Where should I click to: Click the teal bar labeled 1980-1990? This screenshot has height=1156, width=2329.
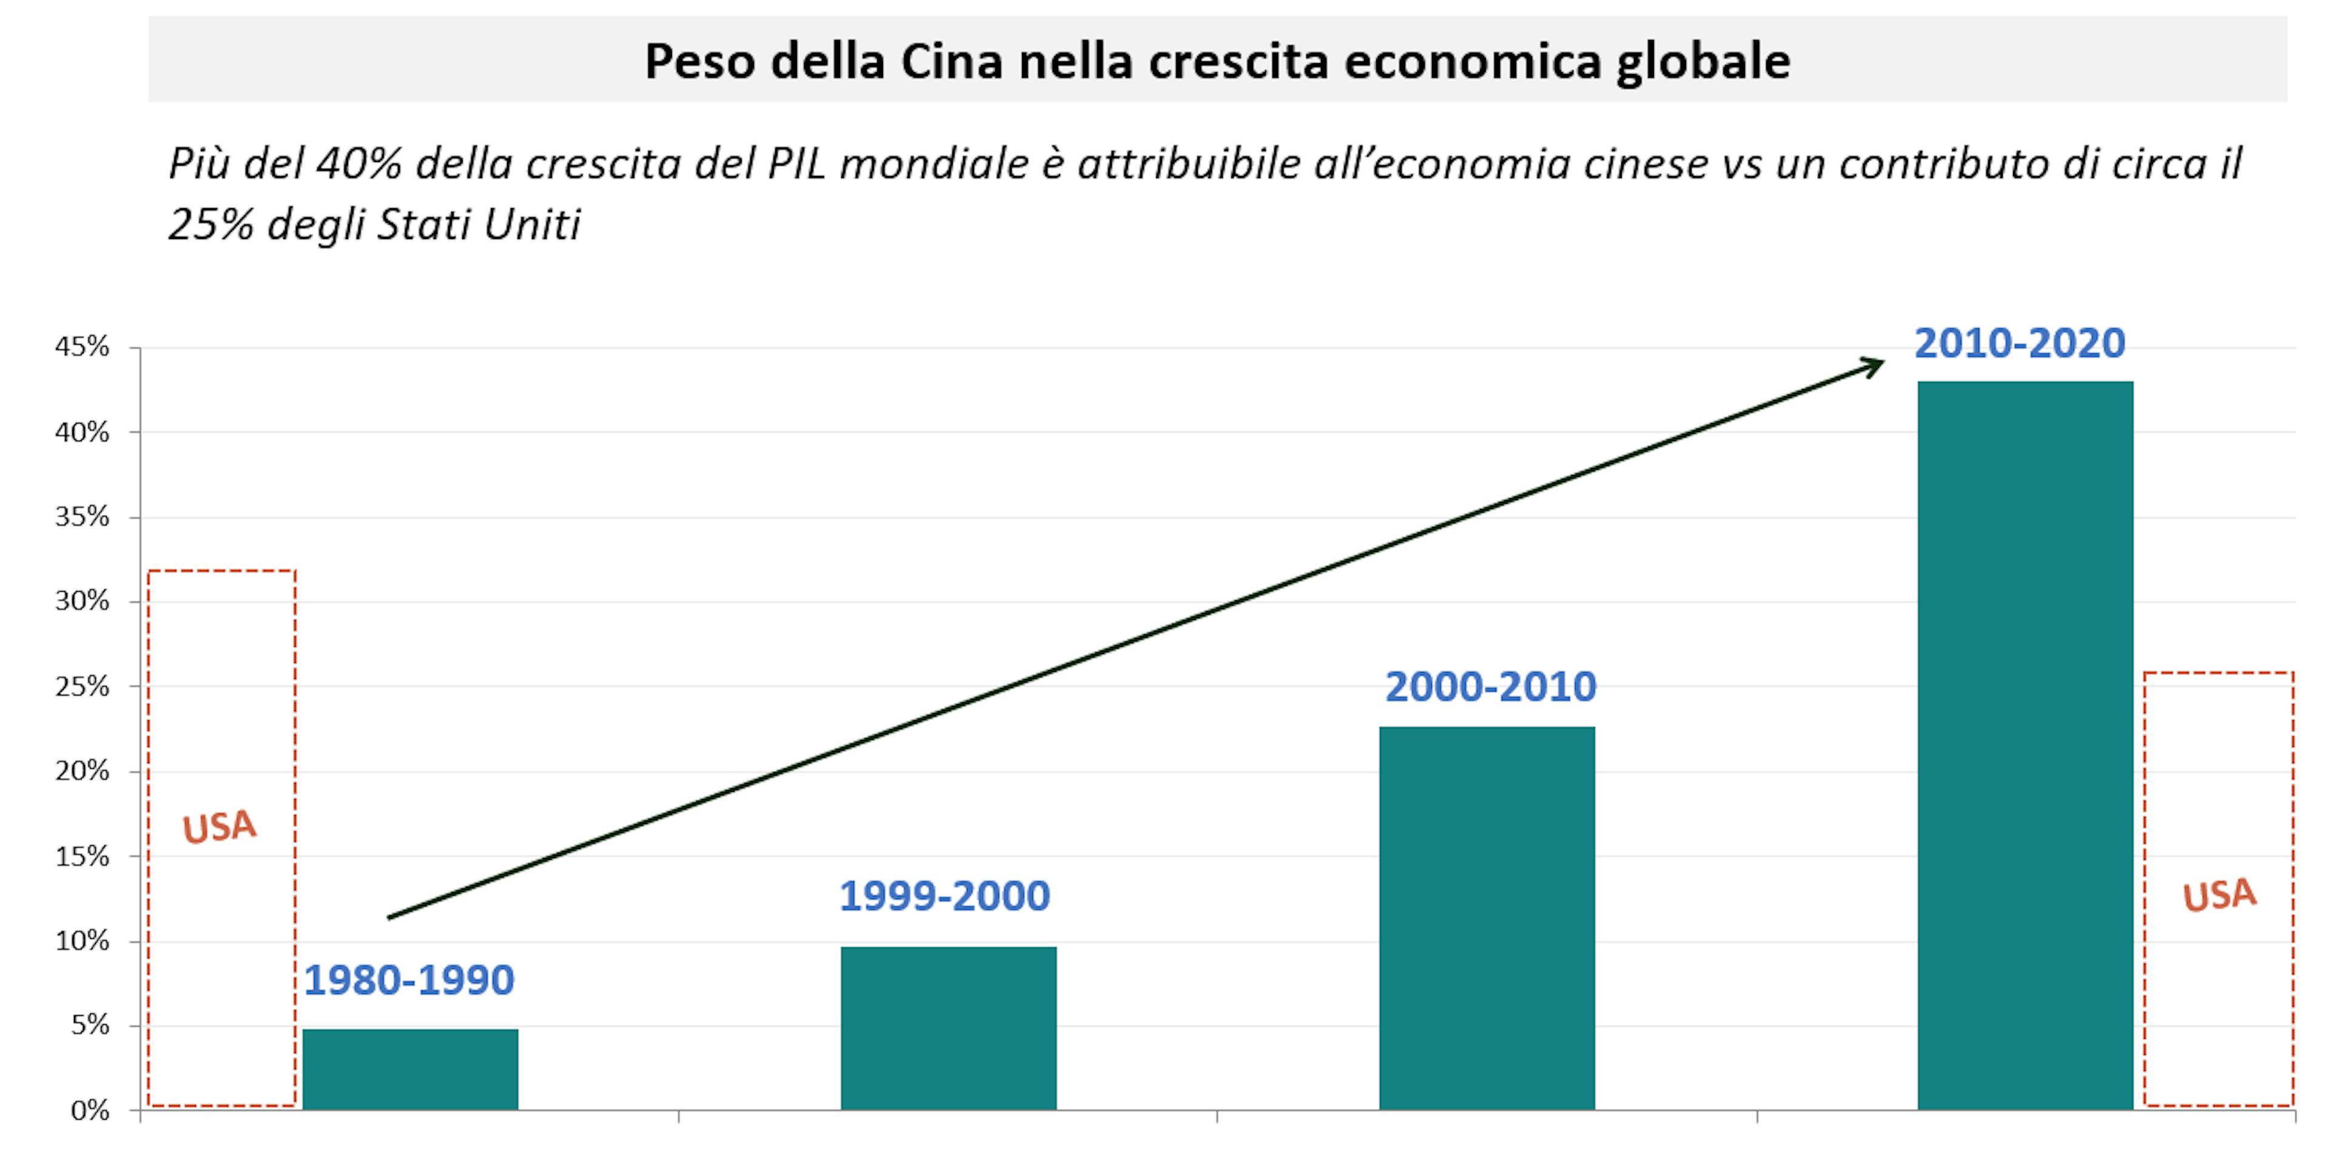coord(411,1069)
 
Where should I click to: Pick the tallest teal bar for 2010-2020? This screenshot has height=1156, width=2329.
coord(2025,745)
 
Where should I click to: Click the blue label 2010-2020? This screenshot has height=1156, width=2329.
coord(2020,343)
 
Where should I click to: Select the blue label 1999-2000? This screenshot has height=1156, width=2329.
coord(945,896)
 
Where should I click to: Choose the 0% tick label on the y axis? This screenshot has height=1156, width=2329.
coord(90,1110)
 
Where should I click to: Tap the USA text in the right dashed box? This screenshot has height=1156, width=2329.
coord(2220,896)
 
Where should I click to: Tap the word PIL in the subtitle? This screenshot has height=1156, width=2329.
coord(796,164)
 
